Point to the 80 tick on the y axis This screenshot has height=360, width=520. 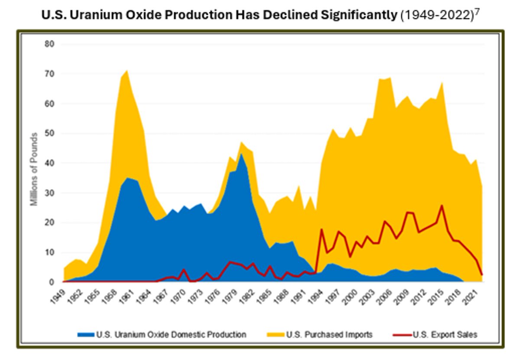click(x=50, y=44)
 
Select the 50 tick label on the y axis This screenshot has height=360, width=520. click(x=50, y=133)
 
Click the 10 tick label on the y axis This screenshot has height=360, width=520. click(x=50, y=252)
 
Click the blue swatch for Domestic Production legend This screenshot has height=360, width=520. click(x=86, y=334)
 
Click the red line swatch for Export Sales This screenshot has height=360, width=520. click(x=401, y=334)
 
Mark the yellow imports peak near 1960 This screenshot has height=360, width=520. click(x=127, y=70)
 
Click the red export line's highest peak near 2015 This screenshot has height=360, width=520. click(x=442, y=206)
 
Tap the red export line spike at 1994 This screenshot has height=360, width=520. click(x=322, y=229)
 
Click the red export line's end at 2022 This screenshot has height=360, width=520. click(x=482, y=275)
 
